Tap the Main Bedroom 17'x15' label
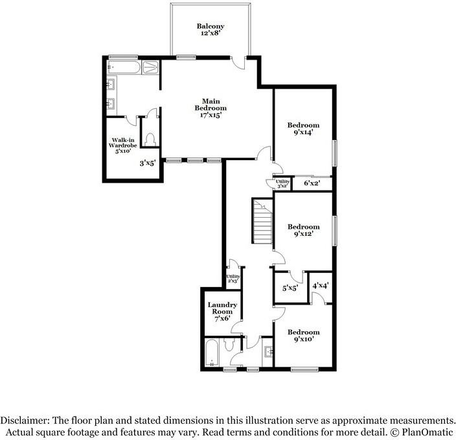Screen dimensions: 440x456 point(211,108)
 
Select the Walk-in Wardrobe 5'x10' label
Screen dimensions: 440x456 point(122,146)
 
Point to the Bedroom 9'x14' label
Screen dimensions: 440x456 point(304,128)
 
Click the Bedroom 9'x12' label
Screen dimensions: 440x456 point(304,230)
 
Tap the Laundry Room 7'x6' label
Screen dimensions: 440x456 point(223,312)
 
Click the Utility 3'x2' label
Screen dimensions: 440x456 point(282,183)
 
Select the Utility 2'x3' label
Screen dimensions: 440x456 point(233,279)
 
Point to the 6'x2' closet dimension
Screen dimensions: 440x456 point(312,184)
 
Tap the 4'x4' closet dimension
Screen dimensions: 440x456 point(321,285)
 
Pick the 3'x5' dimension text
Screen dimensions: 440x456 point(148,164)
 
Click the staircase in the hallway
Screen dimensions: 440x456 point(262,222)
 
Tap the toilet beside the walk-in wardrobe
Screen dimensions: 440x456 point(151,140)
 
